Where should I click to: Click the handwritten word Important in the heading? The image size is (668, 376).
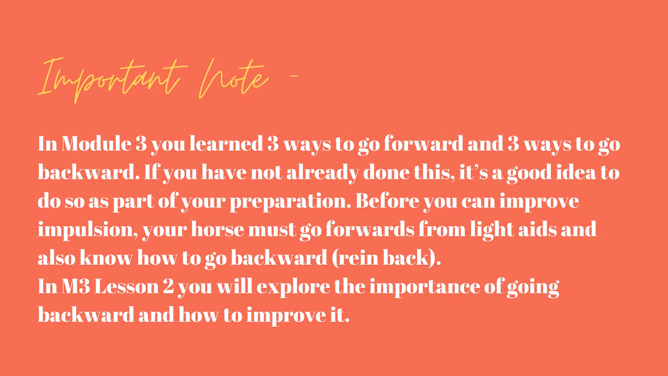tap(109, 80)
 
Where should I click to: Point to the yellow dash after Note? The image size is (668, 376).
tap(294, 76)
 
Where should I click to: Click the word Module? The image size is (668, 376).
tap(96, 144)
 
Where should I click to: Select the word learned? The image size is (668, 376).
tap(226, 144)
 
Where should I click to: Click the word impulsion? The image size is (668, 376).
tap(88, 230)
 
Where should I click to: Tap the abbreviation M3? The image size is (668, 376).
tap(76, 287)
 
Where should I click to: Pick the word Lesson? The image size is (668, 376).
tap(126, 287)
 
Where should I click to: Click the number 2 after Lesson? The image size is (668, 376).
tap(168, 287)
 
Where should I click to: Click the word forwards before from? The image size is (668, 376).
tap(370, 230)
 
